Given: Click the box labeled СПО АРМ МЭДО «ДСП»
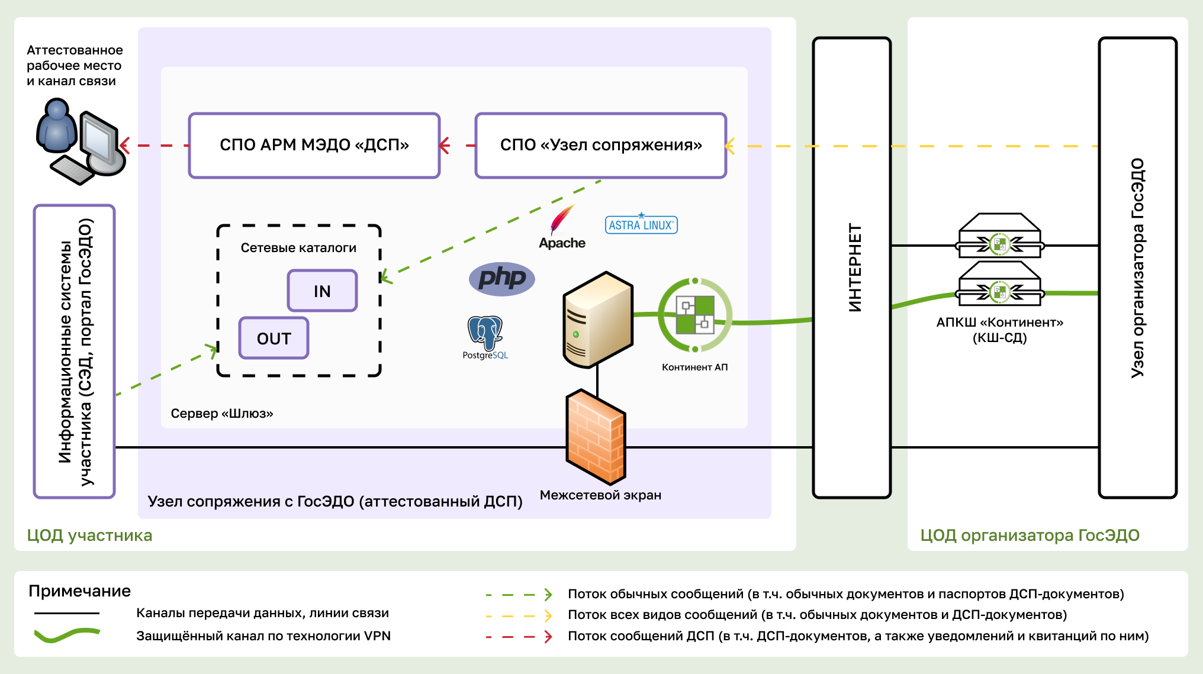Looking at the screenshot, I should click(314, 145).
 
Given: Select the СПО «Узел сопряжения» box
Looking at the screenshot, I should click(600, 145).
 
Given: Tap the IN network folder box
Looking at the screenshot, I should click(322, 291).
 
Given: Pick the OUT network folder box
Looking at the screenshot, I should click(274, 338).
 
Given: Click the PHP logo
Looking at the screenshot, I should click(501, 279).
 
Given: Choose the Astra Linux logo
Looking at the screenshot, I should click(641, 224).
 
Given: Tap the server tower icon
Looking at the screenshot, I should click(597, 320).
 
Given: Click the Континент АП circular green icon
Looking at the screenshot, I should click(695, 315).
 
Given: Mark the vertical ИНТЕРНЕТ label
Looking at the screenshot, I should click(854, 267).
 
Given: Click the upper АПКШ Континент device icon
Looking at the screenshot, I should click(999, 236).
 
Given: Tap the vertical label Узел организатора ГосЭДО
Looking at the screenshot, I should click(1137, 267).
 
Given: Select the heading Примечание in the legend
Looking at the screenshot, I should click(79, 591).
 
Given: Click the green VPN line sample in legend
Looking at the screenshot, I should click(67, 635).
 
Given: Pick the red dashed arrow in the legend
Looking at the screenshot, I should click(519, 637).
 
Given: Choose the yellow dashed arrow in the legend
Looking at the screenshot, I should click(519, 615).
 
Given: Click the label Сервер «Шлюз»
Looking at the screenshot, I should click(221, 413).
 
